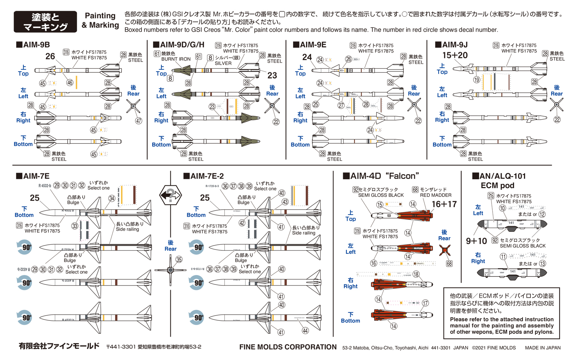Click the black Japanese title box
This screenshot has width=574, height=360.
45,22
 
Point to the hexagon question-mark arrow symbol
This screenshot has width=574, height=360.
170,195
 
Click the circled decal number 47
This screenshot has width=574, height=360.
139,121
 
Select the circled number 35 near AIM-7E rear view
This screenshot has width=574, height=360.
179,259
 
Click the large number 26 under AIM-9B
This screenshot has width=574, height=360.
50,57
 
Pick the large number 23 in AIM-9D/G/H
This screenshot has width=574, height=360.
272,75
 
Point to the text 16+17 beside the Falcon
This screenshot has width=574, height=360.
444,204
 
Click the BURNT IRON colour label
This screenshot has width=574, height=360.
176,59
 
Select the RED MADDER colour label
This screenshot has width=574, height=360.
436,195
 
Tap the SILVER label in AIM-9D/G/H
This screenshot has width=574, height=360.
223,63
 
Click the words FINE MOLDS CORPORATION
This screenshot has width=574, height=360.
288,347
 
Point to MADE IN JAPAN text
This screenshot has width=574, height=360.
543,348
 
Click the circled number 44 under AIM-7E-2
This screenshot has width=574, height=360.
305,330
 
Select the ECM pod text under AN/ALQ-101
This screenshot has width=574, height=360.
497,185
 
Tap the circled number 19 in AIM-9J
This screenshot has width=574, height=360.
476,80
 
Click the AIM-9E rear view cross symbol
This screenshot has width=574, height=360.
414,105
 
